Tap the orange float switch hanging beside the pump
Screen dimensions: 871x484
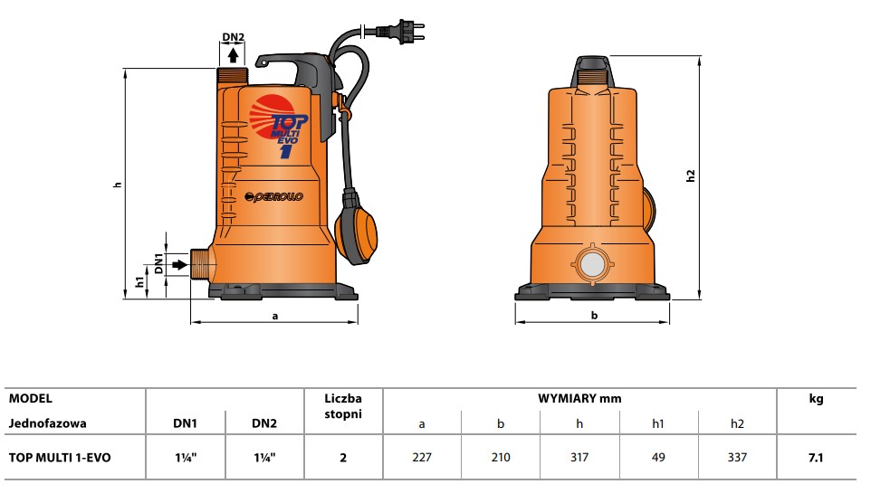[356, 228]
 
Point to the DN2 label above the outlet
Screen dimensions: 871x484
[234, 37]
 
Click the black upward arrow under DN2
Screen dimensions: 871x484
[234, 55]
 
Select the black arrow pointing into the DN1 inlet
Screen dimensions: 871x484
[179, 265]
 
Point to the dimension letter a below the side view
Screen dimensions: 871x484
[275, 317]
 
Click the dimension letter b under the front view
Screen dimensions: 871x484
[594, 315]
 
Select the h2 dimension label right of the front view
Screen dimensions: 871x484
[691, 176]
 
